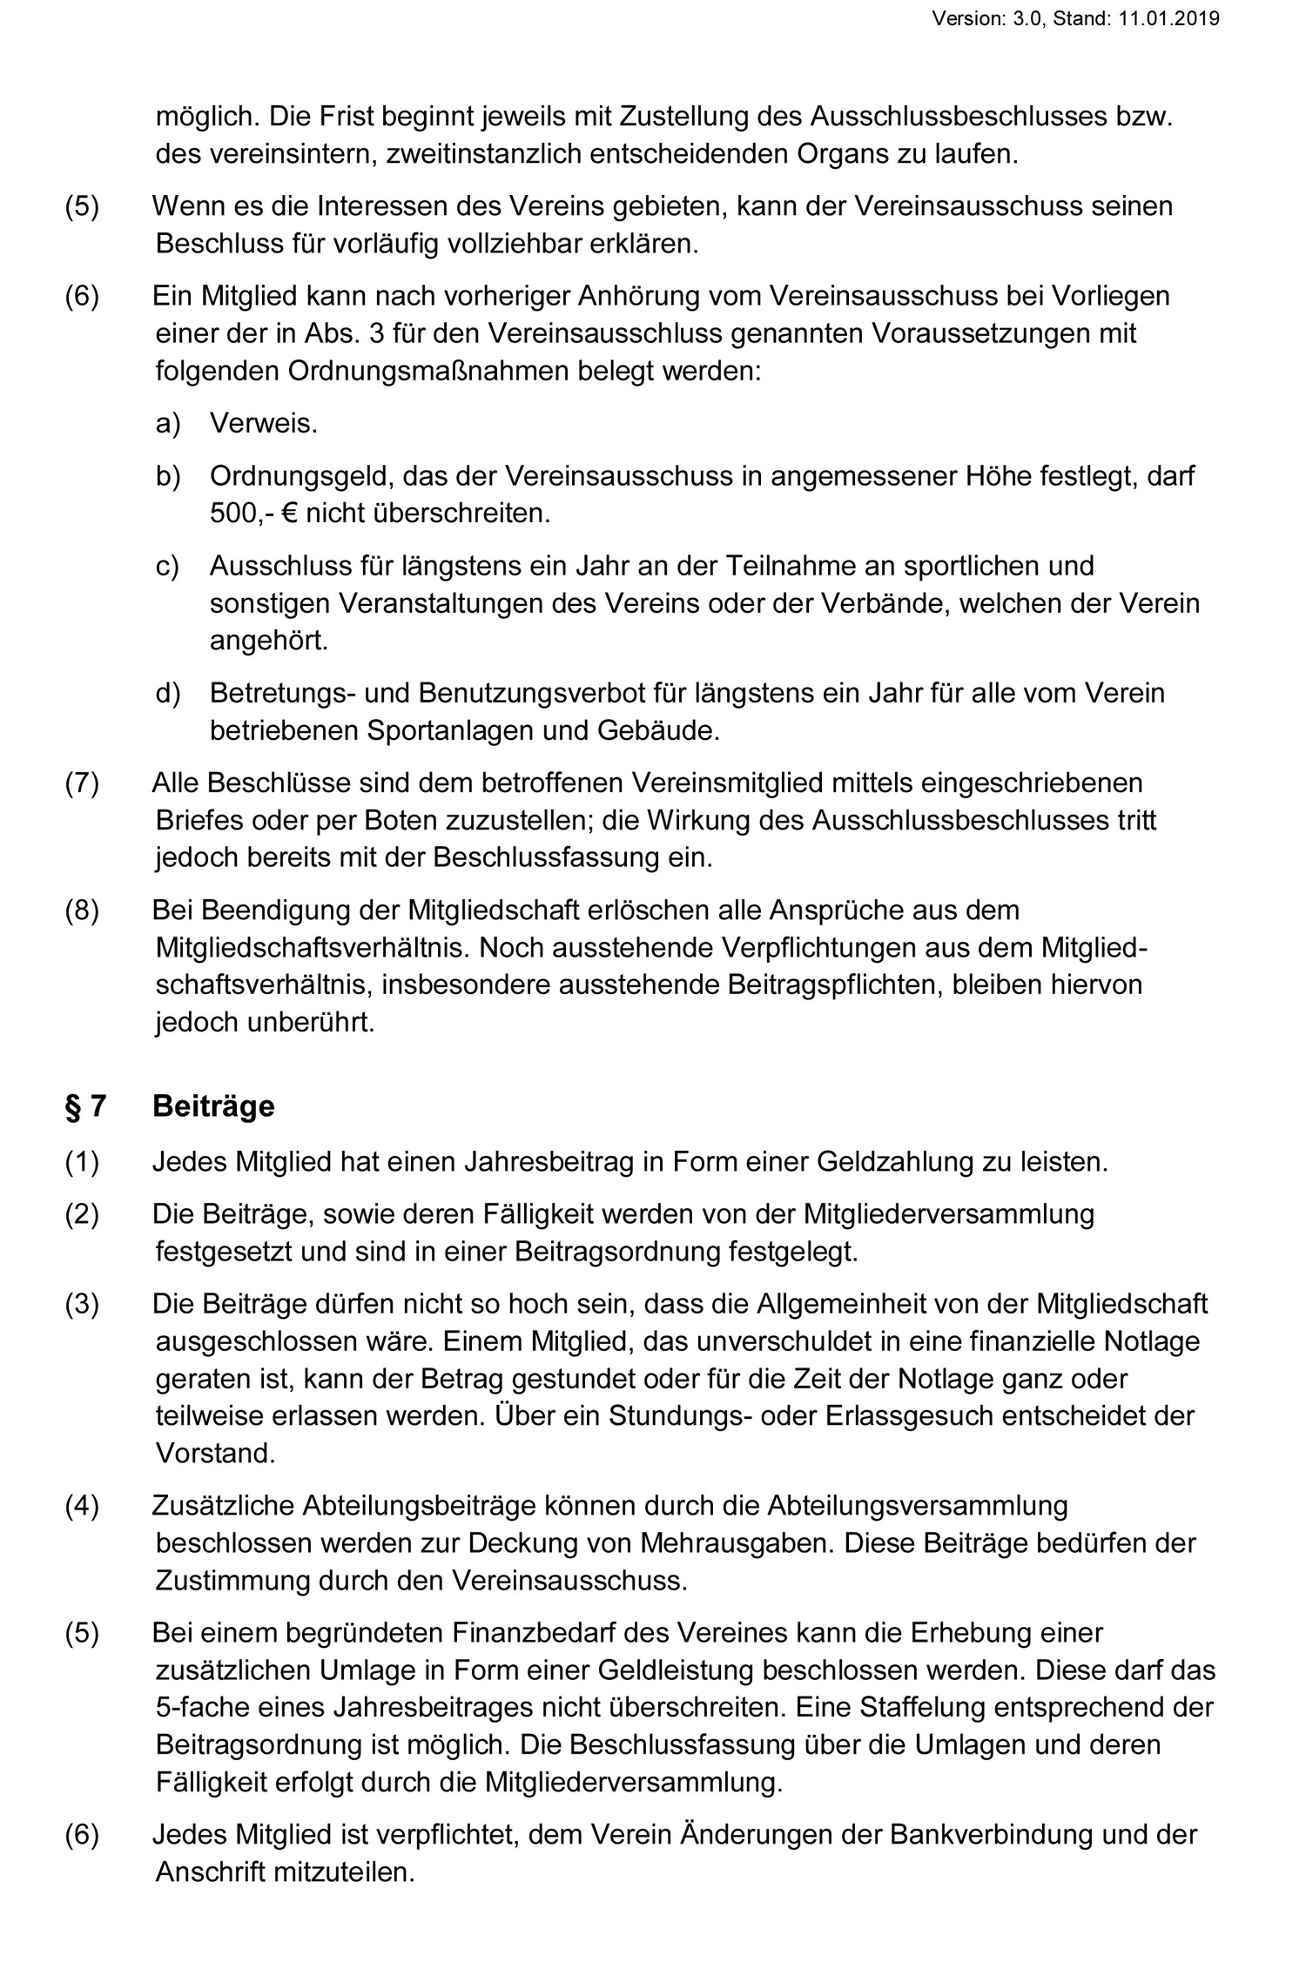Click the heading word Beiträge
coord(213,1105)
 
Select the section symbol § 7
coord(85,1105)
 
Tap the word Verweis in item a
coord(263,424)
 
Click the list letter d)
coord(167,693)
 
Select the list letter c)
coord(167,566)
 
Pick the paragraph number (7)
coord(82,783)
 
